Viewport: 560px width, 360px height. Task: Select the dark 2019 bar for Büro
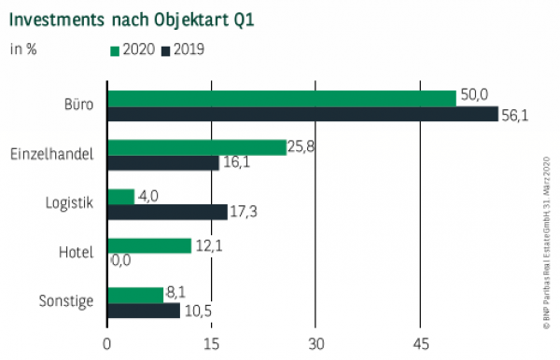pos(303,114)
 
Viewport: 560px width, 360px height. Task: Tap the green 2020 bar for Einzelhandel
pos(197,147)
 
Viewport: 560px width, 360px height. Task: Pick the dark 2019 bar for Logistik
pos(168,212)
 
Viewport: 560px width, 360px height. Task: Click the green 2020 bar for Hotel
pos(149,245)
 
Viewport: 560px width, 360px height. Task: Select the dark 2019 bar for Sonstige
pos(144,311)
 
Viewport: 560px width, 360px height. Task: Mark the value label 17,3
pos(245,213)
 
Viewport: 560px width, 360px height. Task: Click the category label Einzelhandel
pos(51,154)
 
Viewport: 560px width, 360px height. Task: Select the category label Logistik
pos(69,203)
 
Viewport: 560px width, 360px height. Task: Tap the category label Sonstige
pos(66,302)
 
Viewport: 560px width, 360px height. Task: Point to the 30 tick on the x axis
pos(316,342)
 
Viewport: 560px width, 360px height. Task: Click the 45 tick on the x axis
pos(421,342)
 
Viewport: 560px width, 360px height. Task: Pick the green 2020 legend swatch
pos(115,49)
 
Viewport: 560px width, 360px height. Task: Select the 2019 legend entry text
pos(189,49)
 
